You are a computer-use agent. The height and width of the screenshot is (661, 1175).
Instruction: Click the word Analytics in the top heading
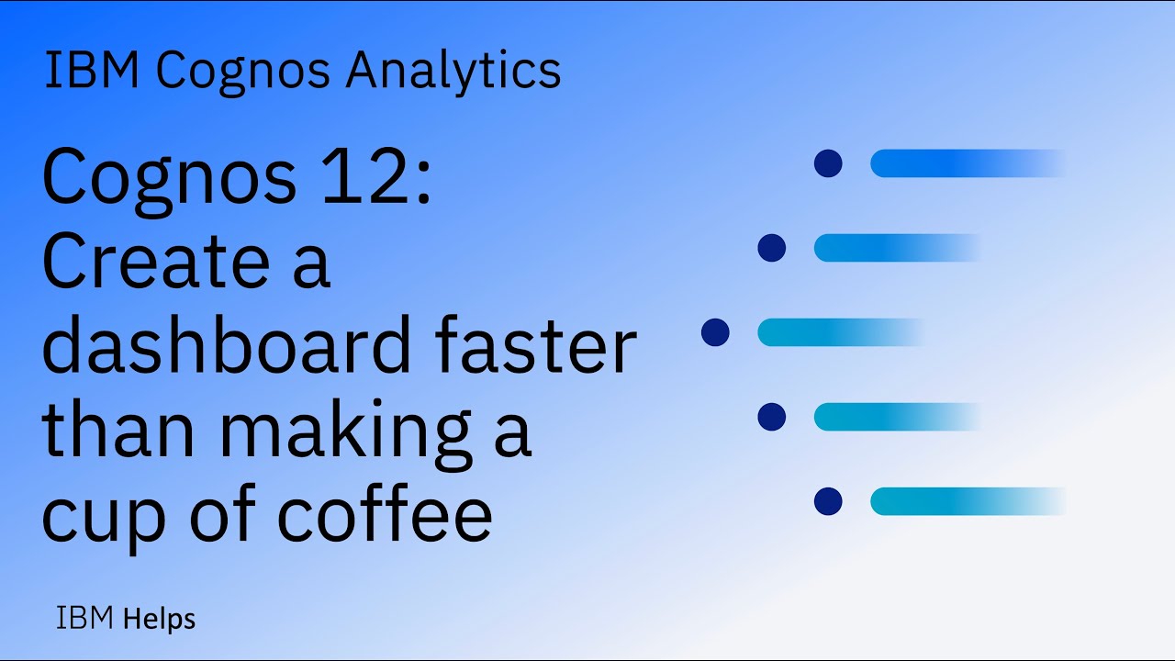pyautogui.click(x=453, y=72)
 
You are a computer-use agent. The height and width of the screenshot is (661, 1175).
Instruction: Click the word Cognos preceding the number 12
pyautogui.click(x=170, y=177)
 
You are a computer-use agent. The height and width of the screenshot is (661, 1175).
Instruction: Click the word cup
pyautogui.click(x=104, y=516)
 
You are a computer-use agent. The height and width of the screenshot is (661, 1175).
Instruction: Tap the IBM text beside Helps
pyautogui.click(x=85, y=619)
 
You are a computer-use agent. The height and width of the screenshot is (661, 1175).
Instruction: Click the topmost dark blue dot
pyautogui.click(x=828, y=163)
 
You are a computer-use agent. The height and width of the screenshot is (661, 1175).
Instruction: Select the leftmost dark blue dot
pyautogui.click(x=715, y=332)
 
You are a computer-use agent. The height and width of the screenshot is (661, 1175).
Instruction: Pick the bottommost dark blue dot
pyautogui.click(x=828, y=501)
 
